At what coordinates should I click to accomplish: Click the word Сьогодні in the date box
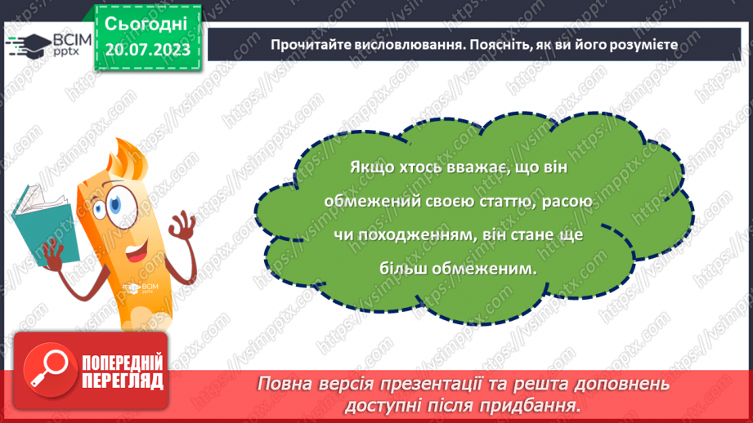[x=146, y=24]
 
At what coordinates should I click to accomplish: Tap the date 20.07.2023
[x=146, y=50]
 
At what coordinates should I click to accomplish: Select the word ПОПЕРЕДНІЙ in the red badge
[x=123, y=363]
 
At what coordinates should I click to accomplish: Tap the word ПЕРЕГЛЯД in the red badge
[x=123, y=381]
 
